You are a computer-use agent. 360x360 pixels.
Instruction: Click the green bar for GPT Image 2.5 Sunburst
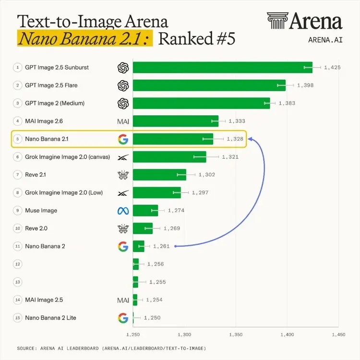click(x=222, y=68)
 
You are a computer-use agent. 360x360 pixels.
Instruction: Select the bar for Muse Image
click(x=145, y=210)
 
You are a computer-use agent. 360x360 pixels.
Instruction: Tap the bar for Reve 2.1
click(x=159, y=175)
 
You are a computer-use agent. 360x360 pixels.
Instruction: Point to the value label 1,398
click(x=305, y=85)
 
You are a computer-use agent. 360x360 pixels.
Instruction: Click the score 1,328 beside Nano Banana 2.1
click(x=235, y=139)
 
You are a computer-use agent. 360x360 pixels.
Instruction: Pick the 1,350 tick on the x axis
click(x=236, y=335)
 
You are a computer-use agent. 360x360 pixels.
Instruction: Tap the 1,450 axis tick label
click(x=338, y=335)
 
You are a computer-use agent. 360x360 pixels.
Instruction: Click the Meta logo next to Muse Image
click(x=123, y=211)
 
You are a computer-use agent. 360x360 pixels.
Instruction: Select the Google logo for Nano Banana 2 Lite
click(x=123, y=318)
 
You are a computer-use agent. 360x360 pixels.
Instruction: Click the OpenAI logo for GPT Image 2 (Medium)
click(x=123, y=103)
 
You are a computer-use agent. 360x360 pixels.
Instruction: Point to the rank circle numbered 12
click(x=18, y=264)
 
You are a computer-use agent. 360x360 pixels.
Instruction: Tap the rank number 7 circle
click(x=18, y=175)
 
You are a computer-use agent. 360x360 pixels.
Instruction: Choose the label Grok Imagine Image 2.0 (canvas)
click(x=68, y=157)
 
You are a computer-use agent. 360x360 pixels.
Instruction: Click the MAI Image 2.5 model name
click(x=44, y=300)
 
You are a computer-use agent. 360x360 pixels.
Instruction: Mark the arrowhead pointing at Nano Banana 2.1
click(x=250, y=139)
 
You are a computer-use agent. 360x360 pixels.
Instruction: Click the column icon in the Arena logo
click(x=277, y=21)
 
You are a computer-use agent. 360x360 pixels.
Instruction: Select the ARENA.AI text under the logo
click(x=325, y=40)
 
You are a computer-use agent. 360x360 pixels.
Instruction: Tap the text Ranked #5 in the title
click(x=197, y=38)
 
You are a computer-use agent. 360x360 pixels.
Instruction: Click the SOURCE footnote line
click(x=111, y=348)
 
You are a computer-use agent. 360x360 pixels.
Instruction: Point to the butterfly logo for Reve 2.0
click(x=123, y=228)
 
